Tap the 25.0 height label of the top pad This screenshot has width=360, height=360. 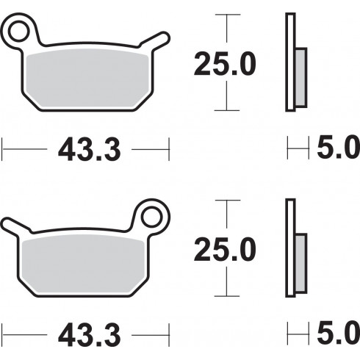tap(225, 63)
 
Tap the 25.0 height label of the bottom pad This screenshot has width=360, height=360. tap(225, 249)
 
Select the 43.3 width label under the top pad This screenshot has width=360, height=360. tap(90, 149)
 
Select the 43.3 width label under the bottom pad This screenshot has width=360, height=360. tap(90, 335)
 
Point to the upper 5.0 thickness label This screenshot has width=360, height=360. tap(338, 147)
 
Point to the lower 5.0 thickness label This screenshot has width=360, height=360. tap(338, 333)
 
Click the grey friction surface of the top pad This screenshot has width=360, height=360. tap(87, 79)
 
